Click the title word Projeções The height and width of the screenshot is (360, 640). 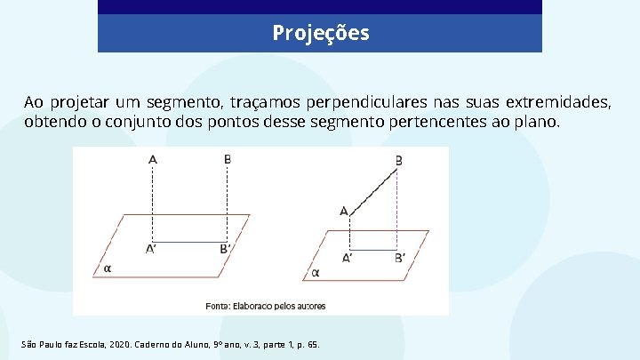(320, 34)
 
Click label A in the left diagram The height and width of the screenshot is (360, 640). (153, 160)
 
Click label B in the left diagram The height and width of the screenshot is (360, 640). (228, 160)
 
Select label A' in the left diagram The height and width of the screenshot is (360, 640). (152, 250)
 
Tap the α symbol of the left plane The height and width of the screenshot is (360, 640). (108, 267)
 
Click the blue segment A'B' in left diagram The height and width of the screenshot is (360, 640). (190, 242)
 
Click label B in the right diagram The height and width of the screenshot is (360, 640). (398, 161)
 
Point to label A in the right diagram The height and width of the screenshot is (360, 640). (343, 211)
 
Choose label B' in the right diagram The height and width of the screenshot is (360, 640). (400, 259)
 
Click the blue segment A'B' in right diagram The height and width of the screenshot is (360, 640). (374, 250)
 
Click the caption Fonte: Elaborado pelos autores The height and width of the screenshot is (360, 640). (266, 307)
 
